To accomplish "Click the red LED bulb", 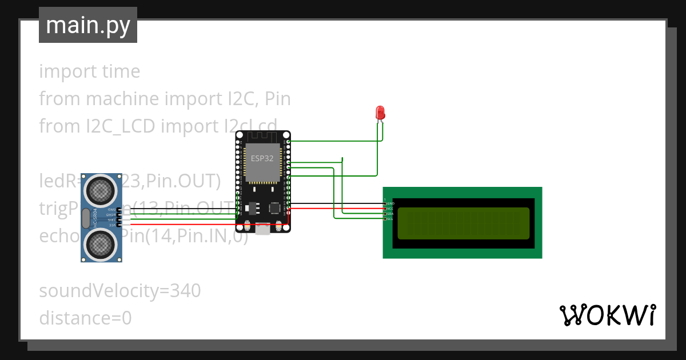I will coord(380,113).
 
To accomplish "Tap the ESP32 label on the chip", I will coord(262,158).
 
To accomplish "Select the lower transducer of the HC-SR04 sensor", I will coord(99,245).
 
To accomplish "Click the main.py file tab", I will coord(87,25).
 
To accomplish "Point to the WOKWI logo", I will coord(607,315).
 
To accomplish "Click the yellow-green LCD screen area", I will coord(463,223).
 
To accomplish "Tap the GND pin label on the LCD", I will coord(390,203).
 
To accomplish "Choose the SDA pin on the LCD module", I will coord(390,214).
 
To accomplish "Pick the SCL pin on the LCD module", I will coord(390,219).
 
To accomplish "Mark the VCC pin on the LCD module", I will coord(390,209).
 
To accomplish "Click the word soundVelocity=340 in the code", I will coord(119,291).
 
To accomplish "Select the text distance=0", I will coord(85,318).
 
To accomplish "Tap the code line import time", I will coord(89,71).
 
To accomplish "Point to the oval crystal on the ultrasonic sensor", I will coord(86,217).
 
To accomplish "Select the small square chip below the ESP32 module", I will coord(275,209).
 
